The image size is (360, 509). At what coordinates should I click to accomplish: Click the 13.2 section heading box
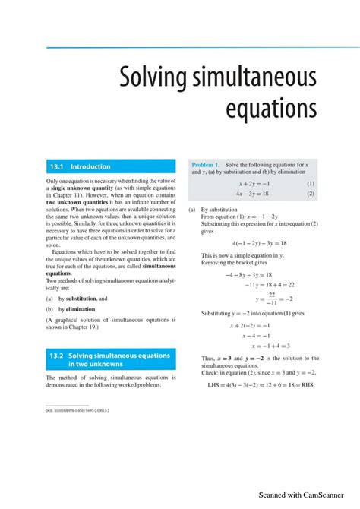tap(110, 359)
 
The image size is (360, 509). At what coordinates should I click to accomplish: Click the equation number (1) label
tap(311, 183)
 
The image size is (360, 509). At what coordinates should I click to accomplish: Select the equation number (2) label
tap(311, 194)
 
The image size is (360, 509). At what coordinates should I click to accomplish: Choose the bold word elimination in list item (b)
tap(81, 309)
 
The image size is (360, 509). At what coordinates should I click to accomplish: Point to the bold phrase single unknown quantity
tap(83, 187)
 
